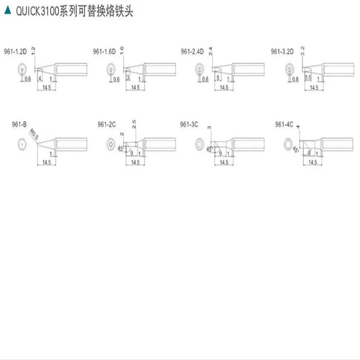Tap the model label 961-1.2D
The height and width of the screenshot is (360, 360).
[16, 51]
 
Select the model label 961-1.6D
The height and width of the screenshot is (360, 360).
[104, 51]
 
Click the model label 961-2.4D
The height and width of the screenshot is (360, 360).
[192, 51]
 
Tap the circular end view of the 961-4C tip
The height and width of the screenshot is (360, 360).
[288, 144]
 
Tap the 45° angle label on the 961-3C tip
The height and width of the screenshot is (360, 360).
[208, 149]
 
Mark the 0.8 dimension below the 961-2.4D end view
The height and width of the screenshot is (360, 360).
[205, 79]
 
